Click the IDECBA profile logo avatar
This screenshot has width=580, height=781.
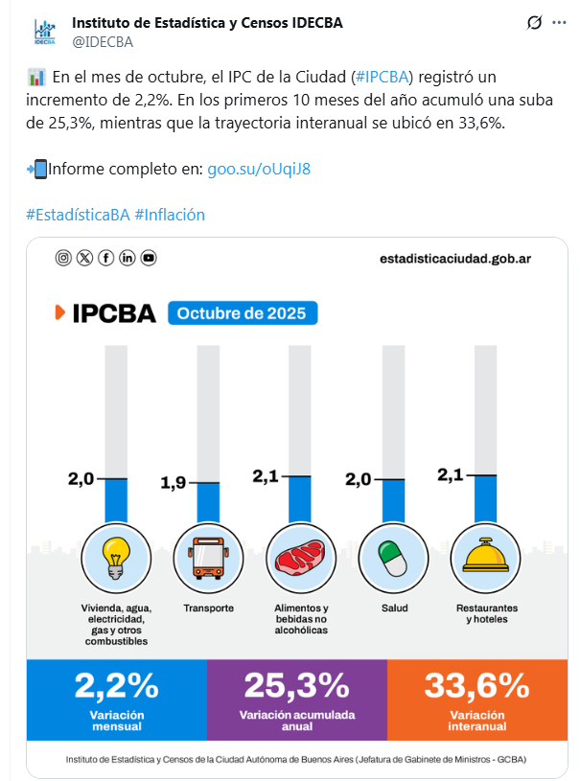tap(43, 31)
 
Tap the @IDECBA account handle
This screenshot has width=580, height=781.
tap(103, 41)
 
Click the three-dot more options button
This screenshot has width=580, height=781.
tap(559, 23)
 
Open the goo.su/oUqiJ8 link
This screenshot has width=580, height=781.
tap(259, 169)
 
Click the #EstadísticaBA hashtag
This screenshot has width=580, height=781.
tap(78, 215)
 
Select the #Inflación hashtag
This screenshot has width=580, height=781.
tap(170, 215)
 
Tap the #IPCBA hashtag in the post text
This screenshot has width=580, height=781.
tap(382, 76)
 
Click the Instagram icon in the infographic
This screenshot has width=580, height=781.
tap(63, 258)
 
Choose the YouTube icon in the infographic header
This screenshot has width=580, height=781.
tap(149, 258)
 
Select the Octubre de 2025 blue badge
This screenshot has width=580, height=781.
tap(242, 313)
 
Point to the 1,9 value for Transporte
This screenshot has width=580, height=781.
tap(173, 483)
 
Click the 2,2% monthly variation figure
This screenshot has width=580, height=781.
tap(116, 686)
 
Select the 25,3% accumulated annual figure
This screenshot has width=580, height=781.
tap(296, 686)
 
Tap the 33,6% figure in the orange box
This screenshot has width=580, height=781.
tap(476, 686)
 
